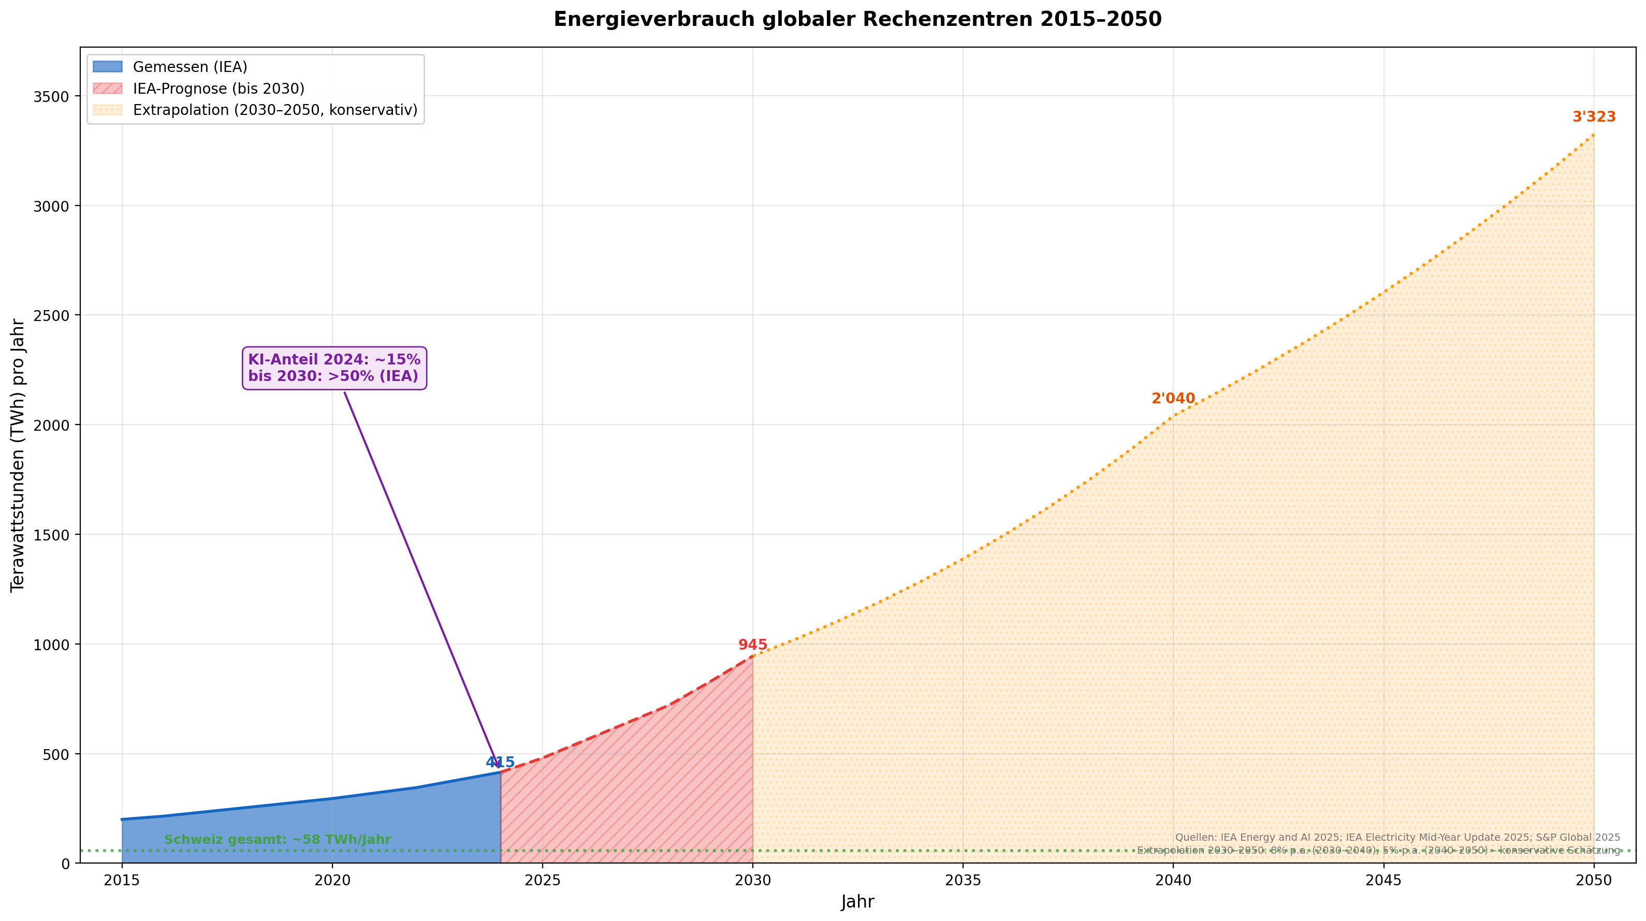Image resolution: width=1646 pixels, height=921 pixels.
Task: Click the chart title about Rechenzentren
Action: point(857,19)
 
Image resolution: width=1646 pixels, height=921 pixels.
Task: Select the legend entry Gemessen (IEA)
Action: point(190,67)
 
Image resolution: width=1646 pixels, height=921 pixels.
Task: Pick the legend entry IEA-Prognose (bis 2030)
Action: point(218,89)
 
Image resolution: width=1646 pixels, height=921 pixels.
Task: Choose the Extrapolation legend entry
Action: point(275,110)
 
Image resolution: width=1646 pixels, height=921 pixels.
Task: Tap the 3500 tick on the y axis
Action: point(52,96)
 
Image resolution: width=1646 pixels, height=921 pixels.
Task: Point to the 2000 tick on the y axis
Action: point(52,425)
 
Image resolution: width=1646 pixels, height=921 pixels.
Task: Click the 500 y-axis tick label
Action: point(56,754)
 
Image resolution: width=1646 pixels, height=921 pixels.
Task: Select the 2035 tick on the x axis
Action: point(963,880)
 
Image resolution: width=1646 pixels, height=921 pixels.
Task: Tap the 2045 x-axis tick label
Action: point(1383,880)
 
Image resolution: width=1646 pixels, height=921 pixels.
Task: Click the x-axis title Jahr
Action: point(857,902)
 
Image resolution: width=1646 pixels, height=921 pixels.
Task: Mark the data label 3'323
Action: point(1594,118)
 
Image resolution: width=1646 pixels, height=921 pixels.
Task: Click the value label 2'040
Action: point(1173,399)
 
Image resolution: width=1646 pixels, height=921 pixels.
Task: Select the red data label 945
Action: point(752,645)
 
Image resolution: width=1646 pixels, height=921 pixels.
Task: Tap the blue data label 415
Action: point(500,762)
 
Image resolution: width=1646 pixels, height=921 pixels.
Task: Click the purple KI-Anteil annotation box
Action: point(334,368)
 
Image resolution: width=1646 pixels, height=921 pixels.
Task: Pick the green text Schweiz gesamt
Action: point(278,840)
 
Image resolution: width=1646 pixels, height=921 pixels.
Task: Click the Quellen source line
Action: point(1397,837)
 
